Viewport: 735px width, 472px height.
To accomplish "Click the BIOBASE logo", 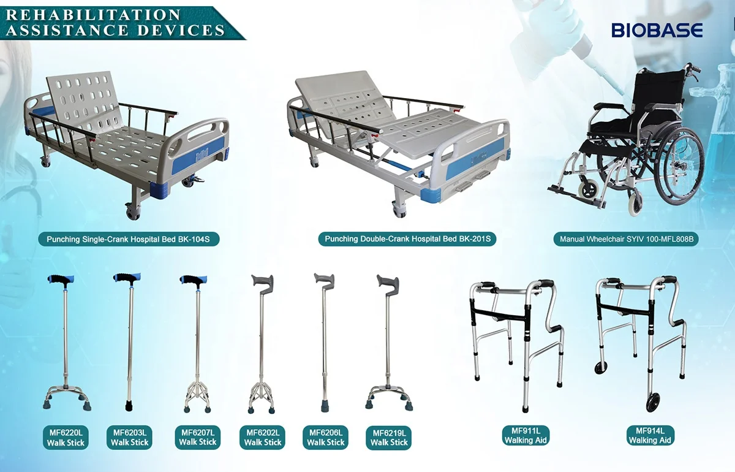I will point(657,29).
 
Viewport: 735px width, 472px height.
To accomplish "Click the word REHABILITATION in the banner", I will point(93,15).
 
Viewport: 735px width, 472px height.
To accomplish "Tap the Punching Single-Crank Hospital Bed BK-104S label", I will point(129,239).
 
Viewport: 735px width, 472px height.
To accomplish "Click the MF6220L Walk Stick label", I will point(66,438).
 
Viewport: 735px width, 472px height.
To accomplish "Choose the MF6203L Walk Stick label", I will point(130,438).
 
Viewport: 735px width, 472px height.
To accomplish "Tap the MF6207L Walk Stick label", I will point(197,438).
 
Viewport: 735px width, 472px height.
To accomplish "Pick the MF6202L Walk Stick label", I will point(262,438).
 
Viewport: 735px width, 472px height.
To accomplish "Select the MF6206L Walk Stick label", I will point(326,438).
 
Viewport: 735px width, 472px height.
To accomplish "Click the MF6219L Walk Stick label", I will point(389,438).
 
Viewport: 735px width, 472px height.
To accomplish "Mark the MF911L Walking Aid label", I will point(526,435).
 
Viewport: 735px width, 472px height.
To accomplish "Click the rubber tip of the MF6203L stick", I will point(130,405).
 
